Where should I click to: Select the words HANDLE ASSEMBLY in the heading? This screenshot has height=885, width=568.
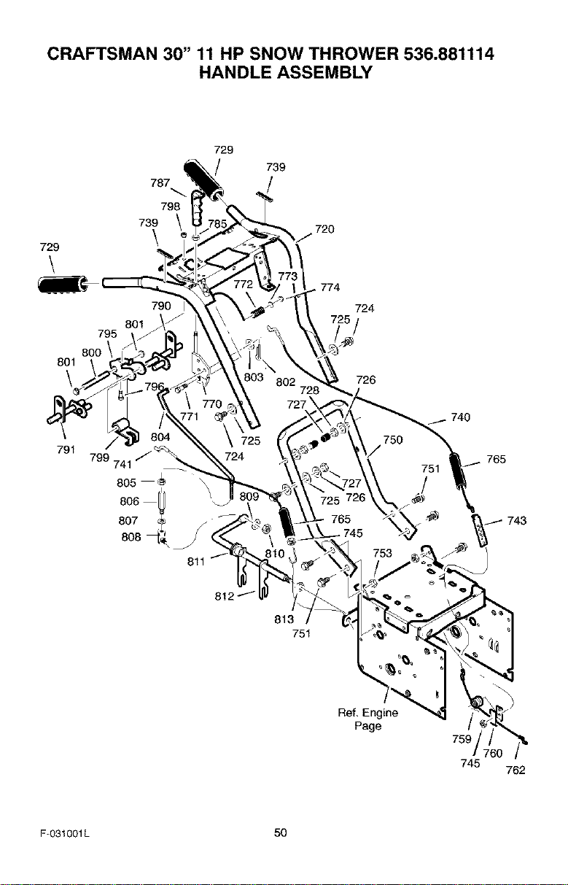tap(286, 72)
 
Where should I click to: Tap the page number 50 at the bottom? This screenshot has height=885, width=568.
tap(281, 832)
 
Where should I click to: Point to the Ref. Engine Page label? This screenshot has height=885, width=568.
tap(368, 719)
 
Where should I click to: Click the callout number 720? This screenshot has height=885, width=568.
tap(325, 229)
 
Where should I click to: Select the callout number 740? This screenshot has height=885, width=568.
tap(460, 417)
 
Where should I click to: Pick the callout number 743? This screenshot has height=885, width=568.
tap(517, 520)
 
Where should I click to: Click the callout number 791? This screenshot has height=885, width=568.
tap(66, 449)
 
